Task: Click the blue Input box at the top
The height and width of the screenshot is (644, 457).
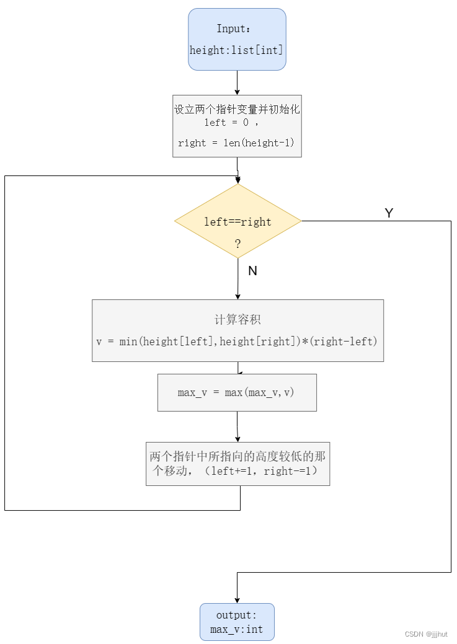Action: click(x=237, y=38)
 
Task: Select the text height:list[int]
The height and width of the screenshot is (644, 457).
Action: click(x=236, y=50)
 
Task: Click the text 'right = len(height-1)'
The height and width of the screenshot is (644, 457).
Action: click(x=236, y=143)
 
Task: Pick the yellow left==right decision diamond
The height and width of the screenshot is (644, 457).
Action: click(x=237, y=221)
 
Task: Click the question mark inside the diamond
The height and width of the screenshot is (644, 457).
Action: click(x=237, y=244)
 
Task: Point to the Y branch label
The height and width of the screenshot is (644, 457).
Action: click(x=389, y=213)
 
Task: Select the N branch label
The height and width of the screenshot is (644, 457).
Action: click(x=252, y=271)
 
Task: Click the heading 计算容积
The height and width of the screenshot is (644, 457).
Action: click(x=237, y=320)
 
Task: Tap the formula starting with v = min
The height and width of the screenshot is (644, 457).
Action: click(x=237, y=342)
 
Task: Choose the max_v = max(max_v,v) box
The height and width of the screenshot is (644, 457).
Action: click(x=237, y=392)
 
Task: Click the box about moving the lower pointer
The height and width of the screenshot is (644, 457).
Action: click(x=237, y=464)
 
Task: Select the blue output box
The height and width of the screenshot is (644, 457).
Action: click(x=237, y=622)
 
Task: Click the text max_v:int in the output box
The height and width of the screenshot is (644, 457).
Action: click(x=236, y=629)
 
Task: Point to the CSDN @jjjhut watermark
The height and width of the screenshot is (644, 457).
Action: click(x=426, y=634)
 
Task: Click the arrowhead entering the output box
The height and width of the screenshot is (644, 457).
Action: click(x=237, y=599)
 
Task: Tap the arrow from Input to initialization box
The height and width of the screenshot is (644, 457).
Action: click(x=237, y=82)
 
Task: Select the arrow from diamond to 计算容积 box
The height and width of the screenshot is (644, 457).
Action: click(x=237, y=279)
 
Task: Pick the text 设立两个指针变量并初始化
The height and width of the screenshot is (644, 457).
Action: click(x=237, y=109)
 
